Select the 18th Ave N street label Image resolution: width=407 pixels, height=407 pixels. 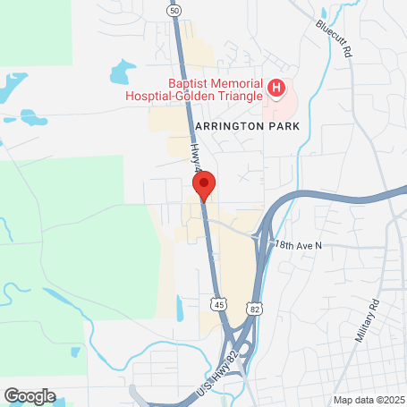pos(298,244)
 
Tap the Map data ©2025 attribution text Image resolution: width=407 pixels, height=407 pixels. pos(369,400)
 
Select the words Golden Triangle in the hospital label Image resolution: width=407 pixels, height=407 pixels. pos(228,95)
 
